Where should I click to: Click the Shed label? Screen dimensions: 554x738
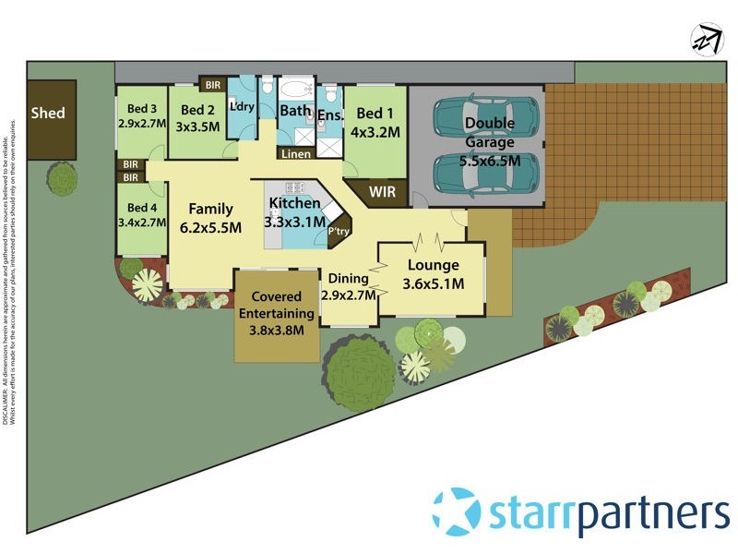pyautogui.click(x=49, y=114)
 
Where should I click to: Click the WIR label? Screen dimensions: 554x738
pyautogui.click(x=382, y=193)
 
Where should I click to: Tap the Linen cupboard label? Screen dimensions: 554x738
pyautogui.click(x=296, y=154)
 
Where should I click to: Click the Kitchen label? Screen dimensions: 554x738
pyautogui.click(x=294, y=203)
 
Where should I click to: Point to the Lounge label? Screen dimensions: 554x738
pyautogui.click(x=433, y=266)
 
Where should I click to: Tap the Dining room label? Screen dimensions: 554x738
pyautogui.click(x=349, y=278)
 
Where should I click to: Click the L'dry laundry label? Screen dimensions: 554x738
pyautogui.click(x=242, y=107)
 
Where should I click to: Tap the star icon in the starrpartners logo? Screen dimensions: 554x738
pyautogui.click(x=456, y=511)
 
